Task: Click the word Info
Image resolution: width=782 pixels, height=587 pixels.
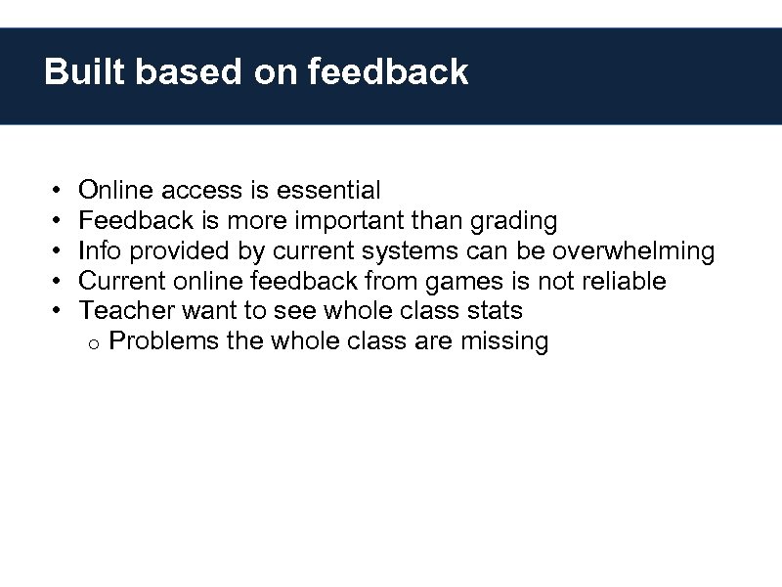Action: (x=100, y=251)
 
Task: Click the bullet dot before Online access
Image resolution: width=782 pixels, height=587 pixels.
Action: (x=58, y=191)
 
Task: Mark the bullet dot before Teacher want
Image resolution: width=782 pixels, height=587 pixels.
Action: (x=58, y=312)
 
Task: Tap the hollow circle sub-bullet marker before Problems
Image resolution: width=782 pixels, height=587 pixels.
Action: (x=89, y=343)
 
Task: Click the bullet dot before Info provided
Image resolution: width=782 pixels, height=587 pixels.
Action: (x=58, y=251)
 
